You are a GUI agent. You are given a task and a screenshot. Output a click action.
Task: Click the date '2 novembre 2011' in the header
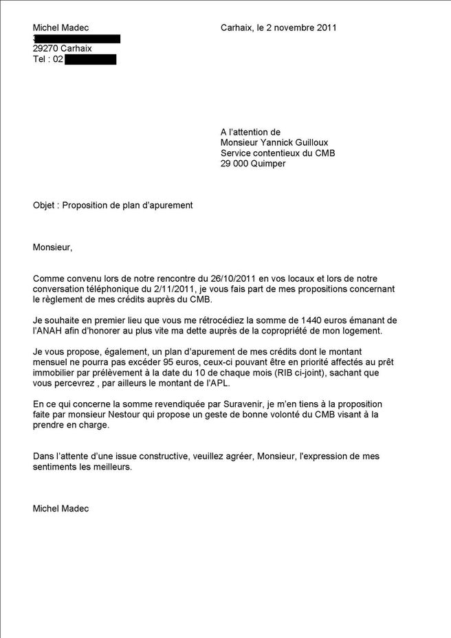tap(303, 27)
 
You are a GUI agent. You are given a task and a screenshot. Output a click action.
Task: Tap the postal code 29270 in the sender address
tap(45, 49)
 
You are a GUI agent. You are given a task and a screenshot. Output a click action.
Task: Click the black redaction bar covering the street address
tap(78, 38)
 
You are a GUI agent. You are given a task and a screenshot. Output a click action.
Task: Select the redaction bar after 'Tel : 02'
tap(91, 60)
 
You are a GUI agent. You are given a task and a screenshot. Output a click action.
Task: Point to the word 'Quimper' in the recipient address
tap(266, 164)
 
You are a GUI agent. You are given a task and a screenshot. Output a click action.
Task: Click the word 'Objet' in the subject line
tap(45, 205)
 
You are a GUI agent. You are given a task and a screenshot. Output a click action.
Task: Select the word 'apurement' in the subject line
tap(170, 205)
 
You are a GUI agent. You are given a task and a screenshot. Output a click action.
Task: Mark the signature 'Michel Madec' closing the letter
tap(60, 508)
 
